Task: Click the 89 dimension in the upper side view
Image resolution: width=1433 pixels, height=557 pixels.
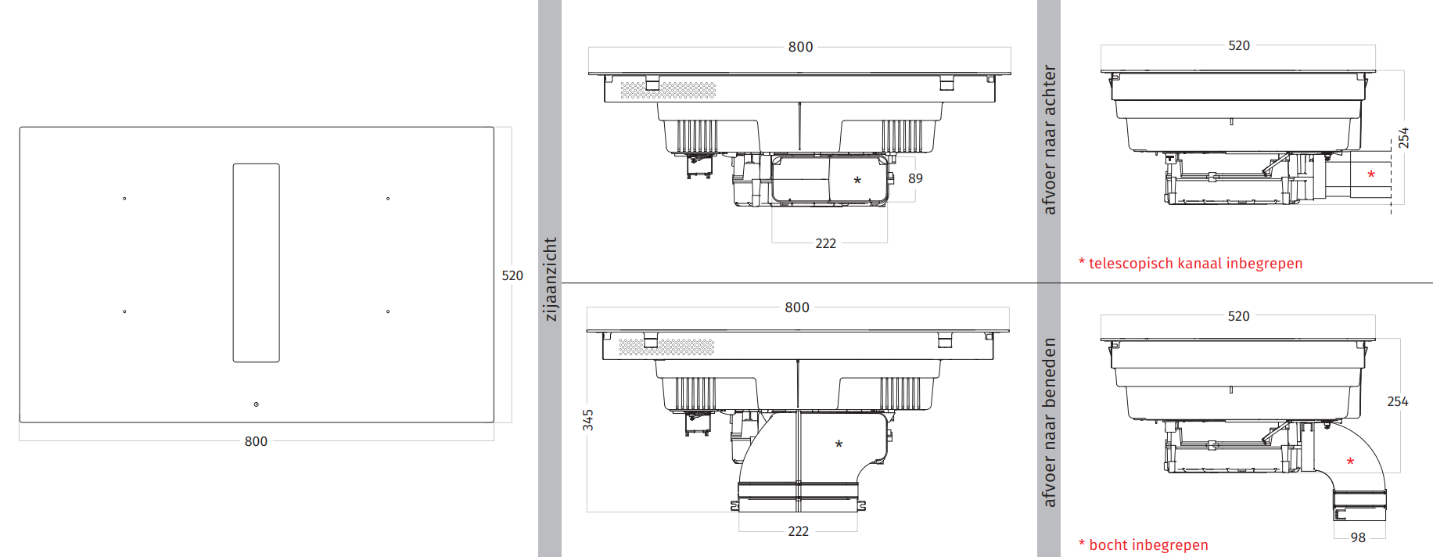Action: click(915, 178)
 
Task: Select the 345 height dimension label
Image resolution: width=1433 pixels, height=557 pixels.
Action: click(588, 420)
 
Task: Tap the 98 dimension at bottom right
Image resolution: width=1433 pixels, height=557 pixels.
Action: click(1358, 537)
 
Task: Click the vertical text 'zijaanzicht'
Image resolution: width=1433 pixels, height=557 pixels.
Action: click(550, 279)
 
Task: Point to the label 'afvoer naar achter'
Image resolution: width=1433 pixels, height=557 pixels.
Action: click(1049, 139)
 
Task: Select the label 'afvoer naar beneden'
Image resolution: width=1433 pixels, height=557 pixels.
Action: click(1049, 422)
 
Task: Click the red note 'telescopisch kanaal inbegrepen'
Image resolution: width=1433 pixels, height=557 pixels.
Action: click(1190, 264)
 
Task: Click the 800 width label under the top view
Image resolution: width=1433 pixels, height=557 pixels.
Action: click(256, 441)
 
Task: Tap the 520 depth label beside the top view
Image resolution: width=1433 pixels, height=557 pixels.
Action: click(512, 275)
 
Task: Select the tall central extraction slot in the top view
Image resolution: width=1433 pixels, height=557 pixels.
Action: click(256, 263)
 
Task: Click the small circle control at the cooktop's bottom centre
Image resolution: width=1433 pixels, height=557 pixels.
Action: click(256, 404)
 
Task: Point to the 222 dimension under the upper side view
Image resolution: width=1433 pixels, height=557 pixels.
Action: click(825, 243)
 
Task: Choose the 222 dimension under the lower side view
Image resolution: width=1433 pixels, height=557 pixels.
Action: click(798, 531)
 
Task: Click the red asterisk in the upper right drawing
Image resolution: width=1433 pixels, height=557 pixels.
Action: click(1370, 174)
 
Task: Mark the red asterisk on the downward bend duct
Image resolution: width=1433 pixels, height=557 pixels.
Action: click(1350, 462)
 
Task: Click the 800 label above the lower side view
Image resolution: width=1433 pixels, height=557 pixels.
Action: click(797, 307)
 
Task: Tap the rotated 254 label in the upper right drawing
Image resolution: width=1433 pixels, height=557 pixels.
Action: click(1403, 138)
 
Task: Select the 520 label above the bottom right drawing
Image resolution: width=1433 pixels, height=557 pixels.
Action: click(1238, 316)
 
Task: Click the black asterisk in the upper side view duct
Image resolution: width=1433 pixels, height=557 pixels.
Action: click(857, 181)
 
